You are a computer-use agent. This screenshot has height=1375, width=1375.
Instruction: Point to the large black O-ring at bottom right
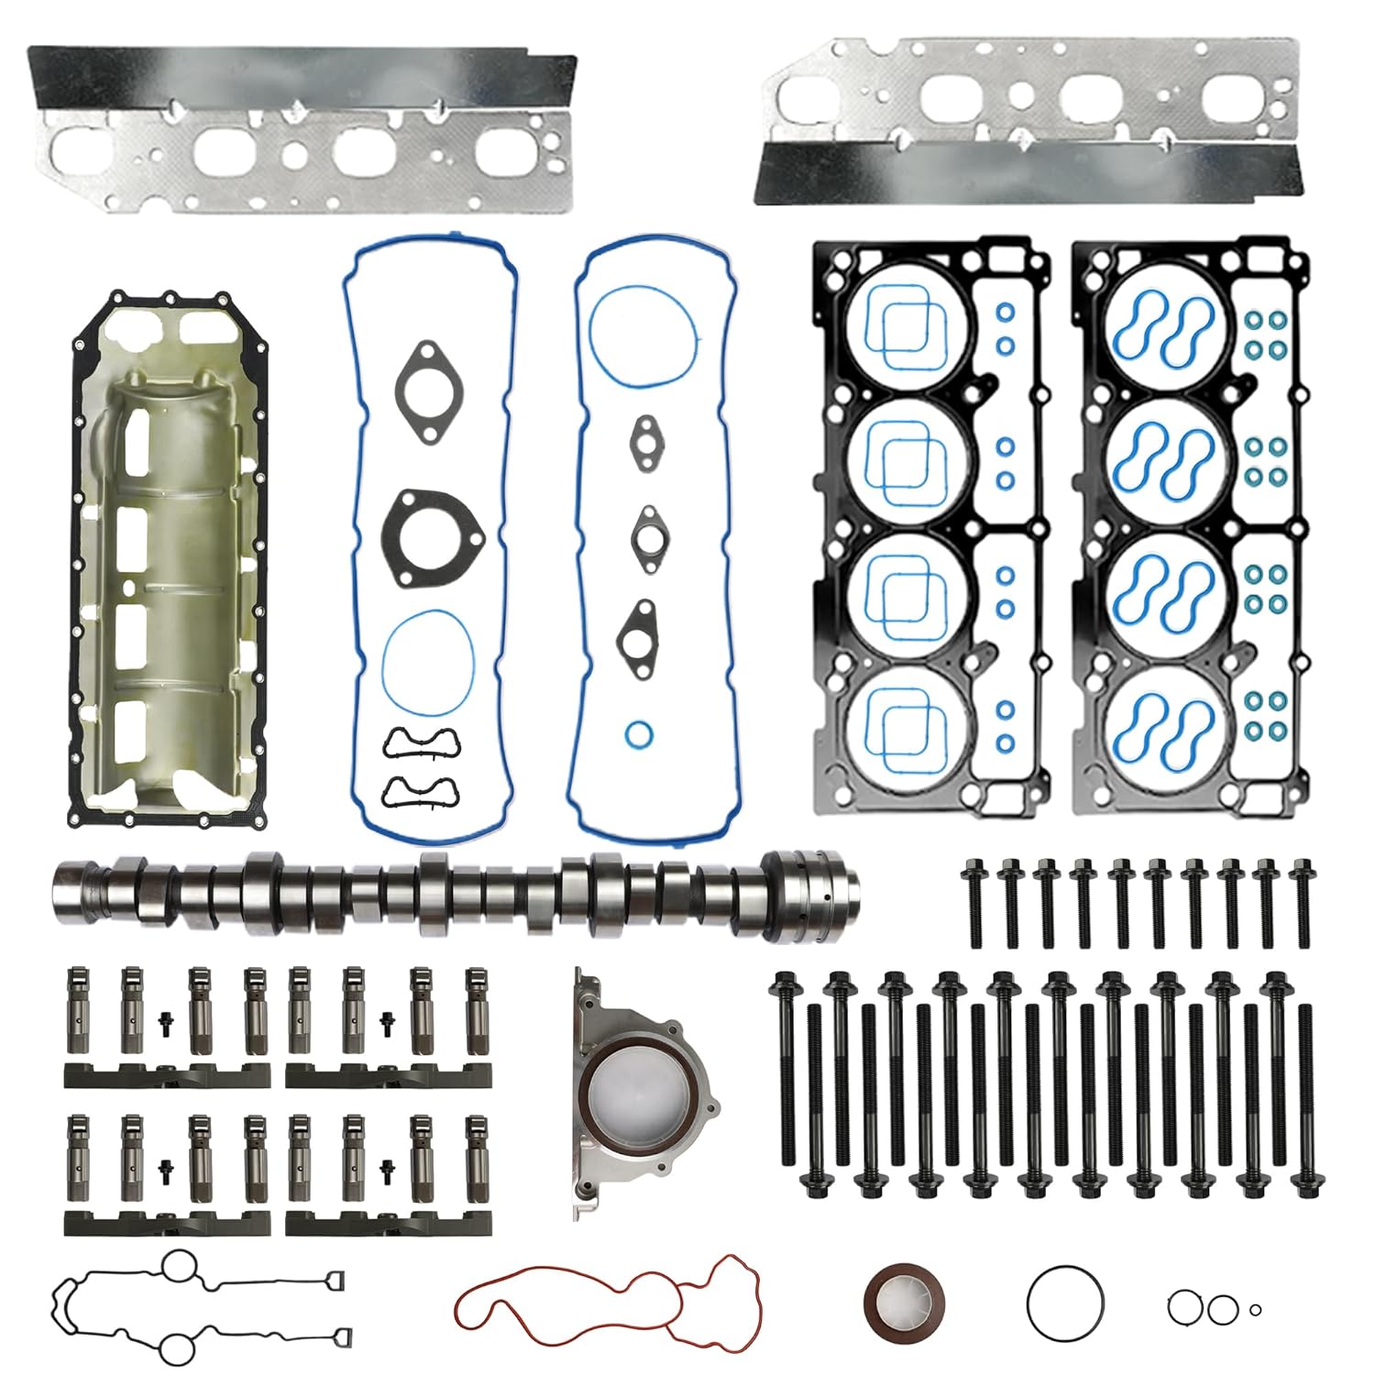coord(1065,1302)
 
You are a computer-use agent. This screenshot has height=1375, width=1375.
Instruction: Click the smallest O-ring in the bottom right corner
coord(1255,1309)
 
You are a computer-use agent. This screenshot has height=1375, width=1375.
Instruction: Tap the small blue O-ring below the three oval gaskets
coord(639,734)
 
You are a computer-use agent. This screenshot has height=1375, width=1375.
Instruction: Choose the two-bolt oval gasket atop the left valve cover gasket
coord(427,390)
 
